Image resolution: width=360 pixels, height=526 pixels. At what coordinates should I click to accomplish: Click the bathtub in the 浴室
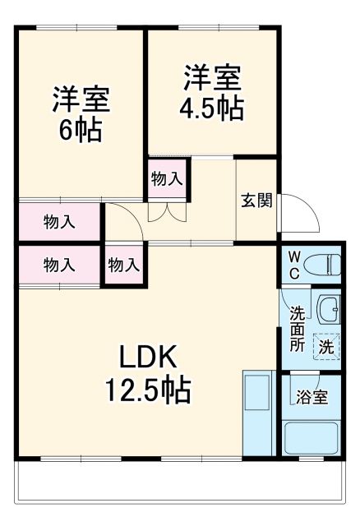[313, 439]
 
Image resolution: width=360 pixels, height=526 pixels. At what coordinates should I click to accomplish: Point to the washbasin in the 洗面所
[329, 309]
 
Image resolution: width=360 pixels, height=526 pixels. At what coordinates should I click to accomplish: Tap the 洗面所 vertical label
[296, 329]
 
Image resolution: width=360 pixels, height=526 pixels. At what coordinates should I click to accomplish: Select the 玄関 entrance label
[256, 201]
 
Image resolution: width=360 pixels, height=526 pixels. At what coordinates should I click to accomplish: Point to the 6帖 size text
[80, 132]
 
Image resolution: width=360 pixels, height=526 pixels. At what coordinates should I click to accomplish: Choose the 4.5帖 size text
[212, 108]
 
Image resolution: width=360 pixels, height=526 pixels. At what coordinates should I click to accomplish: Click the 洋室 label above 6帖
[81, 101]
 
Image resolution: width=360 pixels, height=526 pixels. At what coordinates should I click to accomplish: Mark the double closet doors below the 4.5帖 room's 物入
[167, 210]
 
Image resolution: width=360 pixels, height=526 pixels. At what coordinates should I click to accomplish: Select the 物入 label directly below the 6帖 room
[59, 221]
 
